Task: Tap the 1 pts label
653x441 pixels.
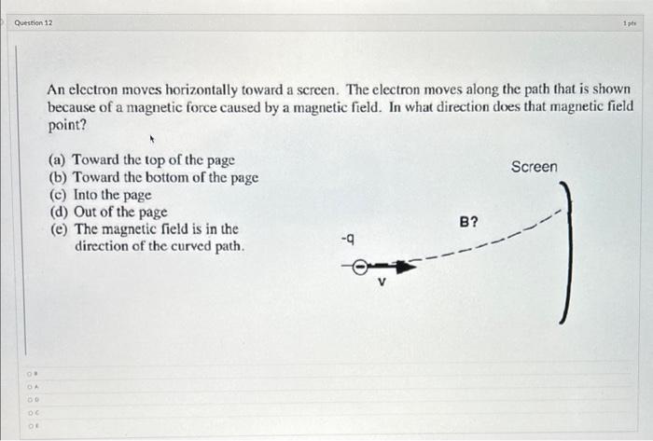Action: coord(641,22)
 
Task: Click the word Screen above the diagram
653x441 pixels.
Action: coord(534,167)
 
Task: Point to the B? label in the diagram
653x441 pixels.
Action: coord(469,222)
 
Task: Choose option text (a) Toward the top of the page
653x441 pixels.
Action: coord(141,160)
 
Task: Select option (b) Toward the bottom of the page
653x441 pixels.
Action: coord(153,177)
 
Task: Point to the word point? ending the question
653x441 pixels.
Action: coord(67,124)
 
